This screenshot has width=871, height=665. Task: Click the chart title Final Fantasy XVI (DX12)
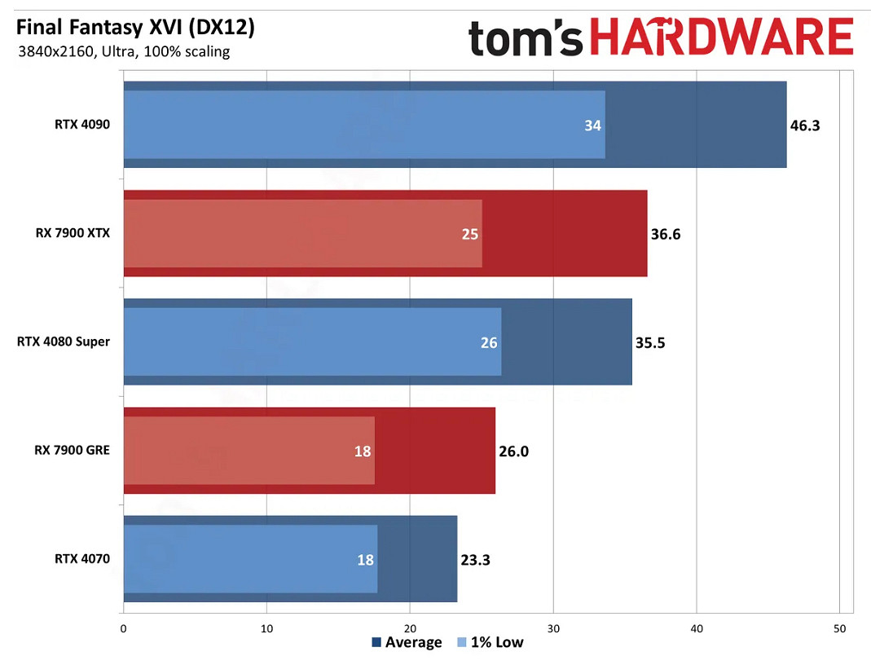click(135, 28)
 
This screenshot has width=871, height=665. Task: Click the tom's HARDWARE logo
click(661, 38)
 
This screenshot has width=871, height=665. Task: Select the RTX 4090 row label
click(82, 125)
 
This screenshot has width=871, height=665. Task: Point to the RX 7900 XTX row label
click(73, 233)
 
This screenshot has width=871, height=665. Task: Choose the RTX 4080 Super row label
click(64, 341)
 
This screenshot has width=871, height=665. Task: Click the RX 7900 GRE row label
click(73, 451)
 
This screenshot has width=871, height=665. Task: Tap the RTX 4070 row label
click(82, 559)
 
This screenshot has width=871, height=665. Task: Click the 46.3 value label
click(805, 126)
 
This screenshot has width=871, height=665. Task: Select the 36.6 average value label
click(666, 235)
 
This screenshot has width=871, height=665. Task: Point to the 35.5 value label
click(650, 343)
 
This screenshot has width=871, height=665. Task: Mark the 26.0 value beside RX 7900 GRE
click(513, 451)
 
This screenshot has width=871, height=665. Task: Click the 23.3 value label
click(475, 560)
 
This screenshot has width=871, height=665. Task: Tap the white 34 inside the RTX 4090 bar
click(592, 126)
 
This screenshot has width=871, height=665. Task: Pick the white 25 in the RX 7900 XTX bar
click(469, 235)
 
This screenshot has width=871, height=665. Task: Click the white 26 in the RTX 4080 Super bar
click(489, 343)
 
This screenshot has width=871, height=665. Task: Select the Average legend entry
click(407, 642)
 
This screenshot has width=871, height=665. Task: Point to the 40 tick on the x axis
click(697, 628)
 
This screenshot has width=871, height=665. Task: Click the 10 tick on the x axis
click(266, 628)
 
